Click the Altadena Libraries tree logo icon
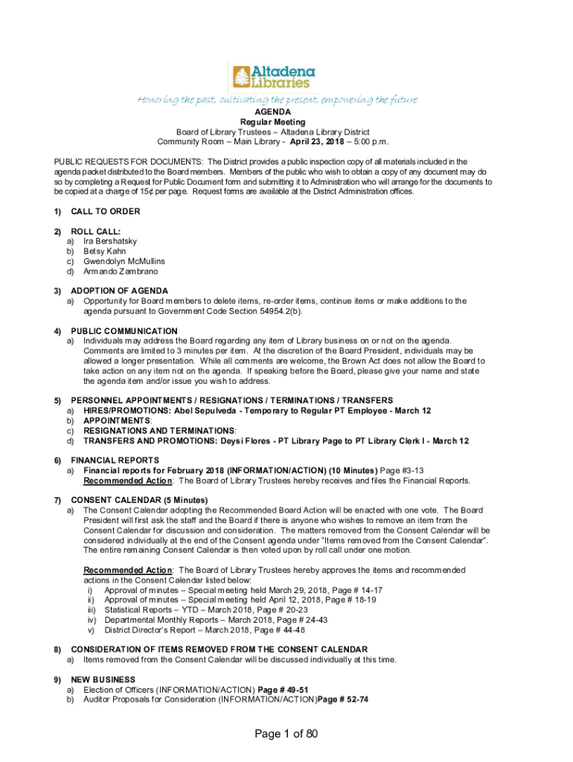click(x=241, y=77)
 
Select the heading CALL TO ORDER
click(x=105, y=211)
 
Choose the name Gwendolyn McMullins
click(x=124, y=261)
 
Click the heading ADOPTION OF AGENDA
click(x=119, y=291)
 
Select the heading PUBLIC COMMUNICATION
click(x=124, y=331)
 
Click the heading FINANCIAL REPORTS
click(x=115, y=461)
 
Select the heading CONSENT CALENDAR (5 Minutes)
click(x=139, y=499)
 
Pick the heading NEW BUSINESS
click(x=103, y=679)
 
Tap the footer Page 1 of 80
click(x=286, y=734)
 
